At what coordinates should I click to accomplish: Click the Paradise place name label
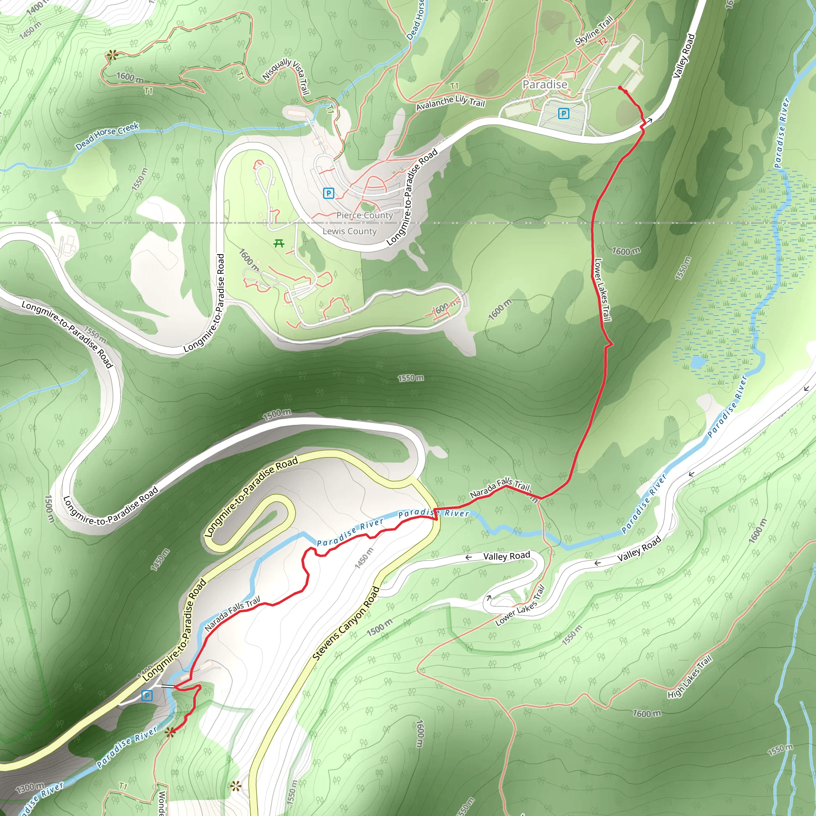(x=545, y=84)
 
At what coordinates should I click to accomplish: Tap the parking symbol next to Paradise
(x=563, y=113)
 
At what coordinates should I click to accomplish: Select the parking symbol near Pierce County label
(x=328, y=193)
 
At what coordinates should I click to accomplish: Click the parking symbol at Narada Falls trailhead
(x=147, y=695)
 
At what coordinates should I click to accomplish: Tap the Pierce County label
(x=365, y=215)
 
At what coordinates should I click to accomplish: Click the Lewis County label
(x=349, y=231)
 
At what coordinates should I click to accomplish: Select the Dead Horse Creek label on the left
(x=107, y=136)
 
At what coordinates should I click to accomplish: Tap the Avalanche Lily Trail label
(x=450, y=103)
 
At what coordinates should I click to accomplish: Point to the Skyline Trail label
(x=594, y=30)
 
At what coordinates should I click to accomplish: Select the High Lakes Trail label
(x=689, y=676)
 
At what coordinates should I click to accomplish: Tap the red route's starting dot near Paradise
(x=620, y=88)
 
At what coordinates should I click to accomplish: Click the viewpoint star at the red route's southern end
(x=170, y=732)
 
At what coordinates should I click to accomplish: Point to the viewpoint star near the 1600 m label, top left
(x=112, y=55)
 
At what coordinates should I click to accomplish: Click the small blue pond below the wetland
(x=698, y=361)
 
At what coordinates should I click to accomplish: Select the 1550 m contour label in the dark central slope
(x=410, y=378)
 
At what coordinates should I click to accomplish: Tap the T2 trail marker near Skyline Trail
(x=602, y=41)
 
